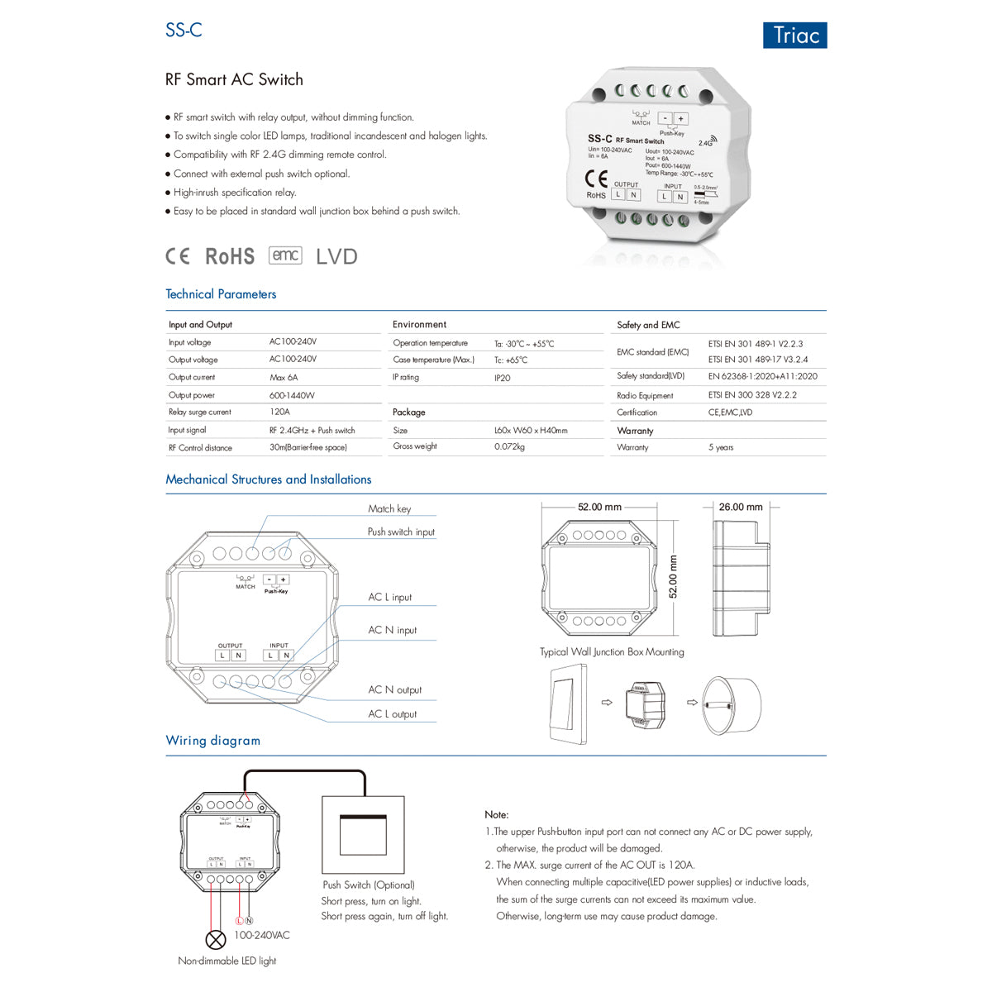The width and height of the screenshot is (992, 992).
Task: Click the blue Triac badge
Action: [794, 36]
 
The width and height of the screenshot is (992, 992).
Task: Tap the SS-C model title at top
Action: [184, 30]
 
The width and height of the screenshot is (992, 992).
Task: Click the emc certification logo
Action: [285, 255]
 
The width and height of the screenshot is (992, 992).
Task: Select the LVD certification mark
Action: [336, 256]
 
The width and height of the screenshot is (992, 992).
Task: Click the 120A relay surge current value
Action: [279, 412]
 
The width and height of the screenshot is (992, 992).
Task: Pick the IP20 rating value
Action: [502, 378]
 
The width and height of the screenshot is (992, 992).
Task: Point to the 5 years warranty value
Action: [720, 447]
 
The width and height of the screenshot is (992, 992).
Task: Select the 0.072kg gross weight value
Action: [509, 446]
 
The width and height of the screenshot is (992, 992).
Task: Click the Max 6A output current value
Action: [284, 378]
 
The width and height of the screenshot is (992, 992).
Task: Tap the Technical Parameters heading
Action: [221, 294]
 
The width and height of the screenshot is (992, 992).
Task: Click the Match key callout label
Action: [389, 509]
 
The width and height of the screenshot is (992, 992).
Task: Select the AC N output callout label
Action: [394, 689]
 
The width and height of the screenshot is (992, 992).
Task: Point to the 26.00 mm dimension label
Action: [741, 507]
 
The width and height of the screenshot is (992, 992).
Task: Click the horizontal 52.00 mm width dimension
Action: [599, 507]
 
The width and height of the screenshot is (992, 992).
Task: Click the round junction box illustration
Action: [731, 705]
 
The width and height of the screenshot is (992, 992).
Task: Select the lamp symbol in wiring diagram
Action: [215, 939]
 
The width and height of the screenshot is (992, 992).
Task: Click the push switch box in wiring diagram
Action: [363, 835]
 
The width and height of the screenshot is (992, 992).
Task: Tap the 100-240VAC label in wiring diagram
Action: [262, 935]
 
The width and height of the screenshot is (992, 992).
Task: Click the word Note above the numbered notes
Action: [497, 814]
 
